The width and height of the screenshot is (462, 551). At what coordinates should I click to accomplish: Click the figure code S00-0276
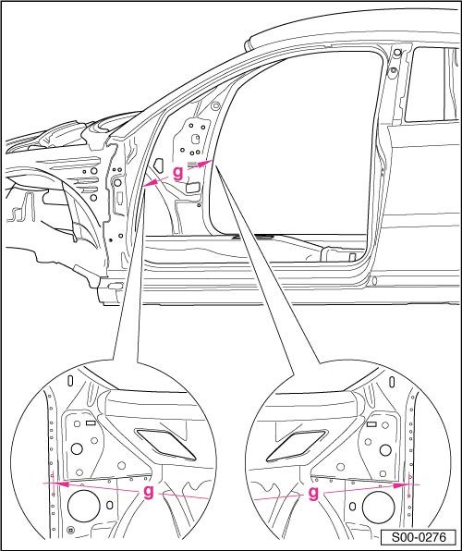pyautogui.click(x=418, y=536)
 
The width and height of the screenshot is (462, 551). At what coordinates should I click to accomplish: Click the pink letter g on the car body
pyautogui.click(x=177, y=172)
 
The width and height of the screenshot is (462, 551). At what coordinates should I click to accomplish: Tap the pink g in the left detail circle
pyautogui.click(x=148, y=492)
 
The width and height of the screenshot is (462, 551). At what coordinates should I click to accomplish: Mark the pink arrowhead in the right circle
pyautogui.click(x=404, y=483)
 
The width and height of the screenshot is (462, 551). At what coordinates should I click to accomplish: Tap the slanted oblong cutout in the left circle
pyautogui.click(x=163, y=443)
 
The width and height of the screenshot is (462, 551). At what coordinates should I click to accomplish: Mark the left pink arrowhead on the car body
pyautogui.click(x=151, y=185)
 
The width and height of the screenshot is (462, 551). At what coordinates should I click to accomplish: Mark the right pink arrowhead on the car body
pyautogui.click(x=210, y=163)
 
